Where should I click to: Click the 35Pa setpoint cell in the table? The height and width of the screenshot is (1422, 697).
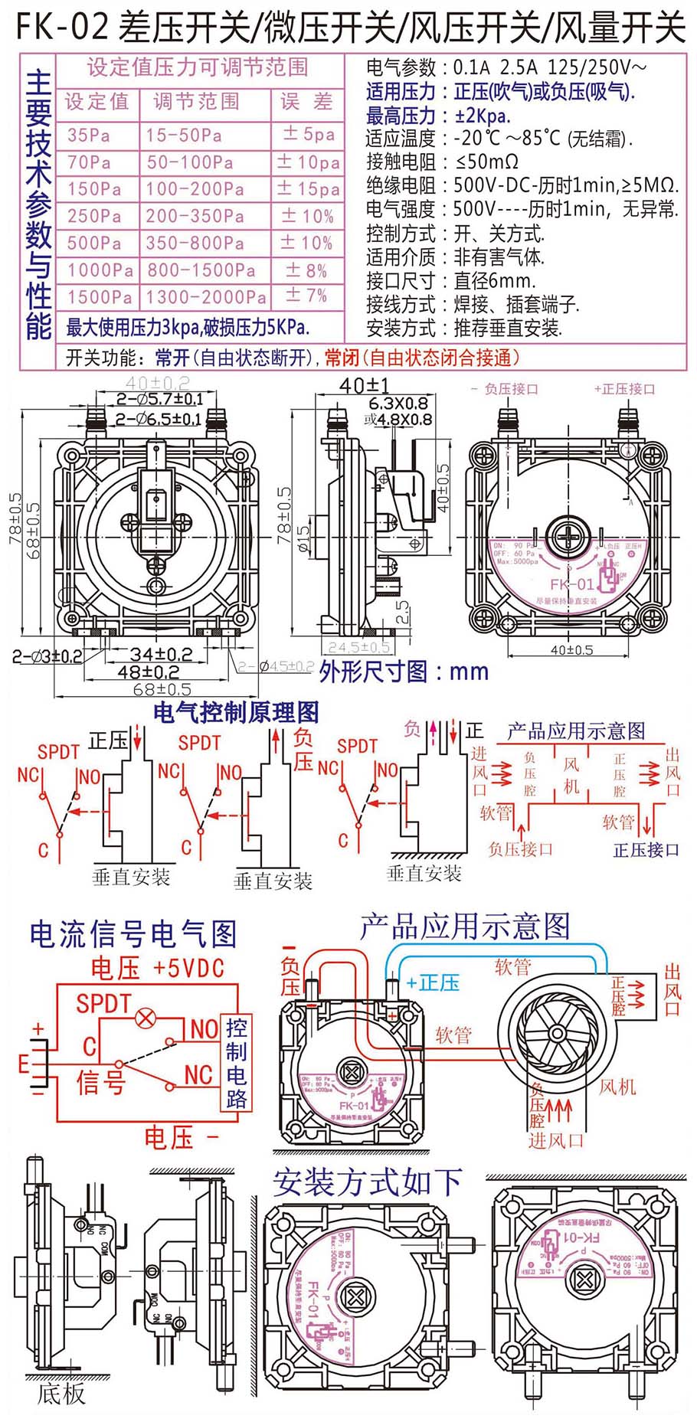click(89, 136)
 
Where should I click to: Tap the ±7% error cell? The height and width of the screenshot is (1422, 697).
click(306, 296)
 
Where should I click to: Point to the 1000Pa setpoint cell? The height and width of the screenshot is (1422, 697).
click(100, 270)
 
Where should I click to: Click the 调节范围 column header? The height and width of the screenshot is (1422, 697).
click(196, 102)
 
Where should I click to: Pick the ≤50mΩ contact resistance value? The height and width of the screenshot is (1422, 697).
click(486, 162)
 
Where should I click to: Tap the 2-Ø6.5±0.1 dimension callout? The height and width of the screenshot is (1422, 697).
click(159, 419)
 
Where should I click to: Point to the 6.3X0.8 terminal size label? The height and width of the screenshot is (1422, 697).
click(398, 404)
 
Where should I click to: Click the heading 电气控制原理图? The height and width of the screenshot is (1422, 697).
click(236, 713)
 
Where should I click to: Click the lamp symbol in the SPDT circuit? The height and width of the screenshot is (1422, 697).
click(145, 1018)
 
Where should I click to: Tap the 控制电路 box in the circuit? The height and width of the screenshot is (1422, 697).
click(236, 1064)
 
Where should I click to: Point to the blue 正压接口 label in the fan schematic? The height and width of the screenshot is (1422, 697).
click(646, 850)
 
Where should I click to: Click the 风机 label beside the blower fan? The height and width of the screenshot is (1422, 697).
click(617, 1087)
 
